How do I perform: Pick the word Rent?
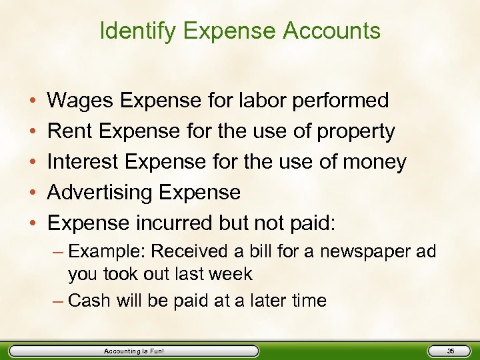(x=70, y=131)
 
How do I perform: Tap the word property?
(x=357, y=132)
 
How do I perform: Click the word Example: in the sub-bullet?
(x=106, y=252)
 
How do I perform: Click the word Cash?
(x=89, y=301)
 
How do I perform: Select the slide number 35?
(x=450, y=351)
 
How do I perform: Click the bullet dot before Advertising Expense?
(x=32, y=193)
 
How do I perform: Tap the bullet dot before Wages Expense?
(x=32, y=101)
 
